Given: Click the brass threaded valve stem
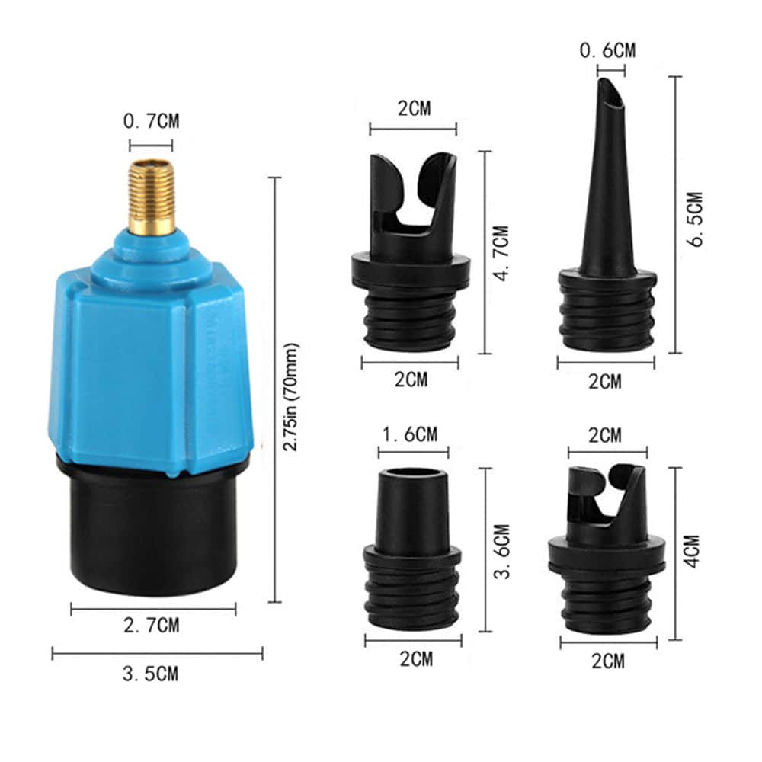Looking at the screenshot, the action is tap(151, 197).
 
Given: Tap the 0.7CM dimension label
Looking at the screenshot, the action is tap(151, 121).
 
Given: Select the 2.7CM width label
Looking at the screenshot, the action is tap(151, 625).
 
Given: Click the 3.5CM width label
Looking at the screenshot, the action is tap(151, 674).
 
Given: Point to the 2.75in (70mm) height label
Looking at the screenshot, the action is tap(291, 398).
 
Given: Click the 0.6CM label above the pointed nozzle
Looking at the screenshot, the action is tap(607, 50).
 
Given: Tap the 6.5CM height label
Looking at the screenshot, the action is tap(696, 219).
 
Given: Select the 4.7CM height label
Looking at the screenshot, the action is tap(501, 253).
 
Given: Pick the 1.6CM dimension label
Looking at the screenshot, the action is tap(411, 434).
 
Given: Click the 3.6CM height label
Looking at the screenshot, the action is tap(501, 551).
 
